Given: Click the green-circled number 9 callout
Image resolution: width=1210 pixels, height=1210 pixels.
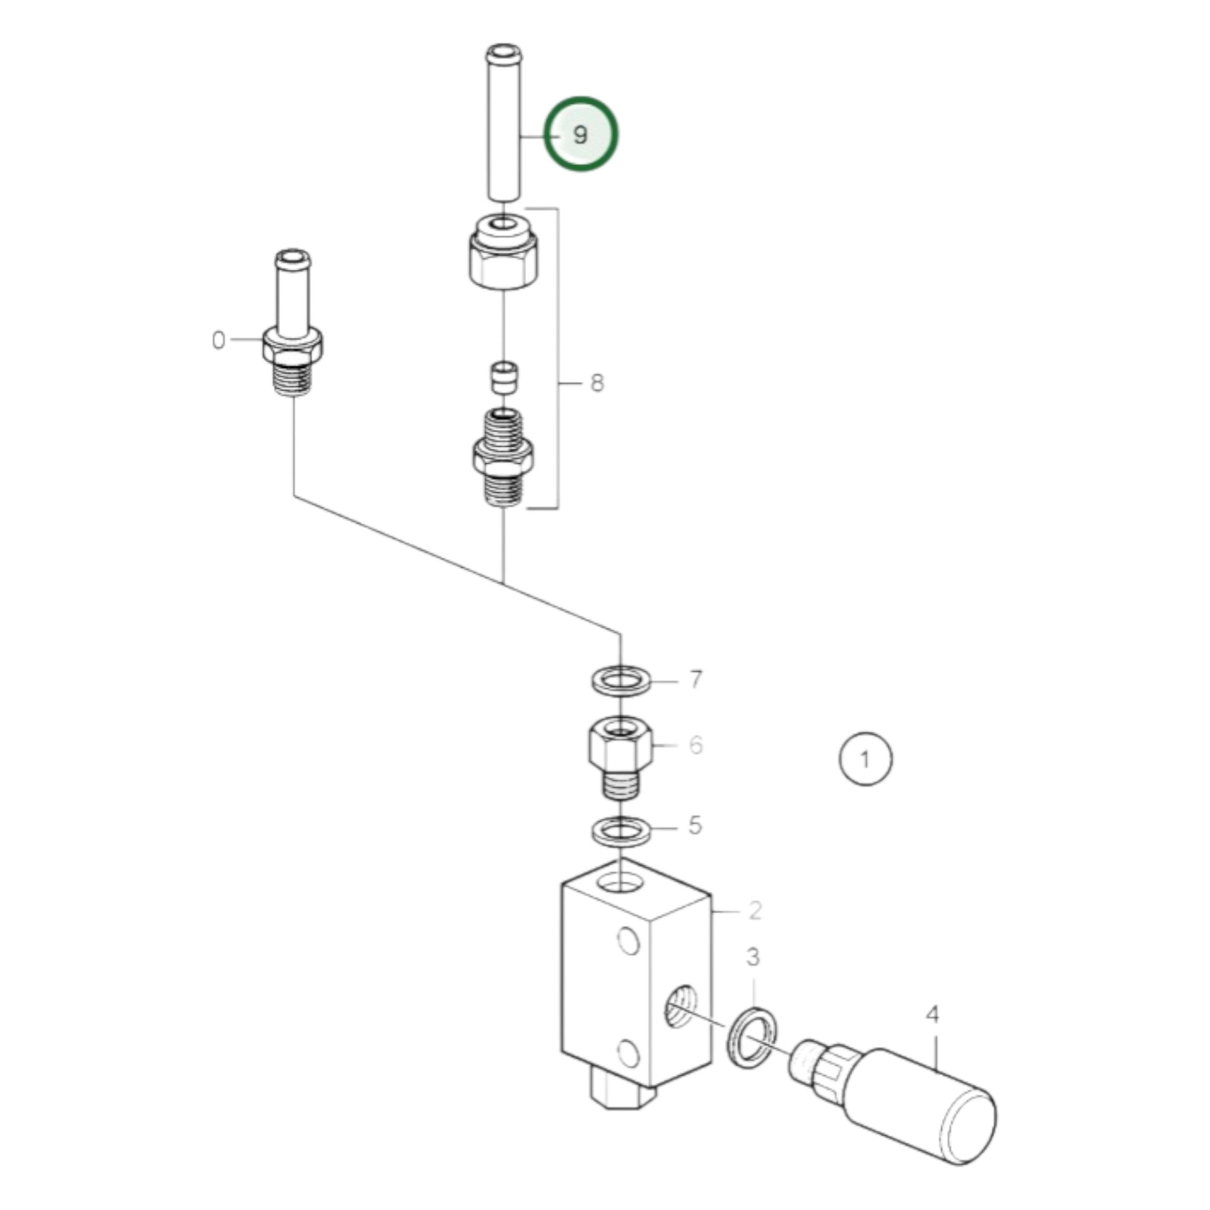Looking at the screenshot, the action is click(x=581, y=134).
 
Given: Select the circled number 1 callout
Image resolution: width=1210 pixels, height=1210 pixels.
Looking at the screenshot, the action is click(x=865, y=759).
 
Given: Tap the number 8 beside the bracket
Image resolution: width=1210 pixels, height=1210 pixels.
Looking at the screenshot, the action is click(x=597, y=382).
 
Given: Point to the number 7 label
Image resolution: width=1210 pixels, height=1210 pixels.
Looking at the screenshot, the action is click(x=696, y=680).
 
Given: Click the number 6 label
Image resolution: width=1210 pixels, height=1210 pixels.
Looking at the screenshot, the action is click(x=696, y=746).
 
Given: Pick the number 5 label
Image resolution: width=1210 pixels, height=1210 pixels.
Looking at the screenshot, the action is click(x=695, y=826).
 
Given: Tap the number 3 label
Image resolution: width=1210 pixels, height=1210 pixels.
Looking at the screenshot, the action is click(x=753, y=956).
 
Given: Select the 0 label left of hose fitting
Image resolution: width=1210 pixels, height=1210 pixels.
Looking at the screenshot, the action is click(x=218, y=340).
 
